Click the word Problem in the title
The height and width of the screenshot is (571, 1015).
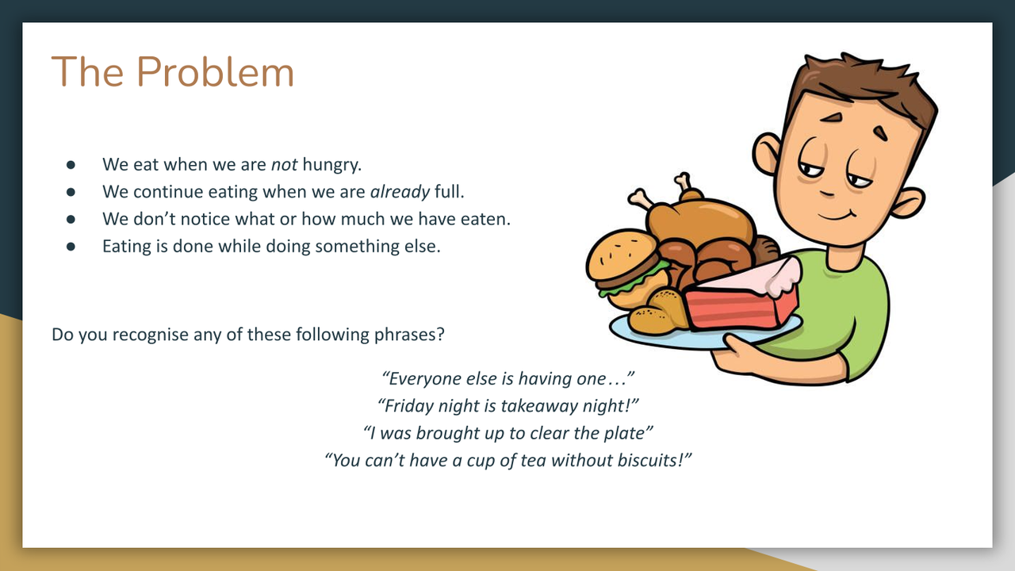click(x=215, y=72)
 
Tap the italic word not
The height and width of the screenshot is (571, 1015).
click(x=284, y=165)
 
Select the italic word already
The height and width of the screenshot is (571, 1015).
click(x=400, y=192)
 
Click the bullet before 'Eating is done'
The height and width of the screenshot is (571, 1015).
click(x=71, y=246)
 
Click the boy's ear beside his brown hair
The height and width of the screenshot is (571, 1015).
click(x=768, y=154)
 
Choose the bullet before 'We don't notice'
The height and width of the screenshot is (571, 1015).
click(x=71, y=219)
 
